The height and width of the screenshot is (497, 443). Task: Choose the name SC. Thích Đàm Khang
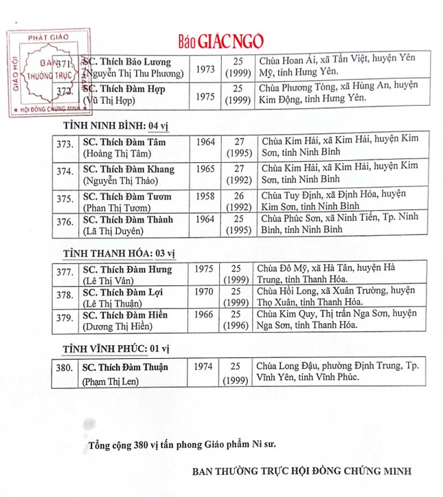coord(128,169)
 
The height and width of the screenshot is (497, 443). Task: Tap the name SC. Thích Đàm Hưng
coord(127,269)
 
